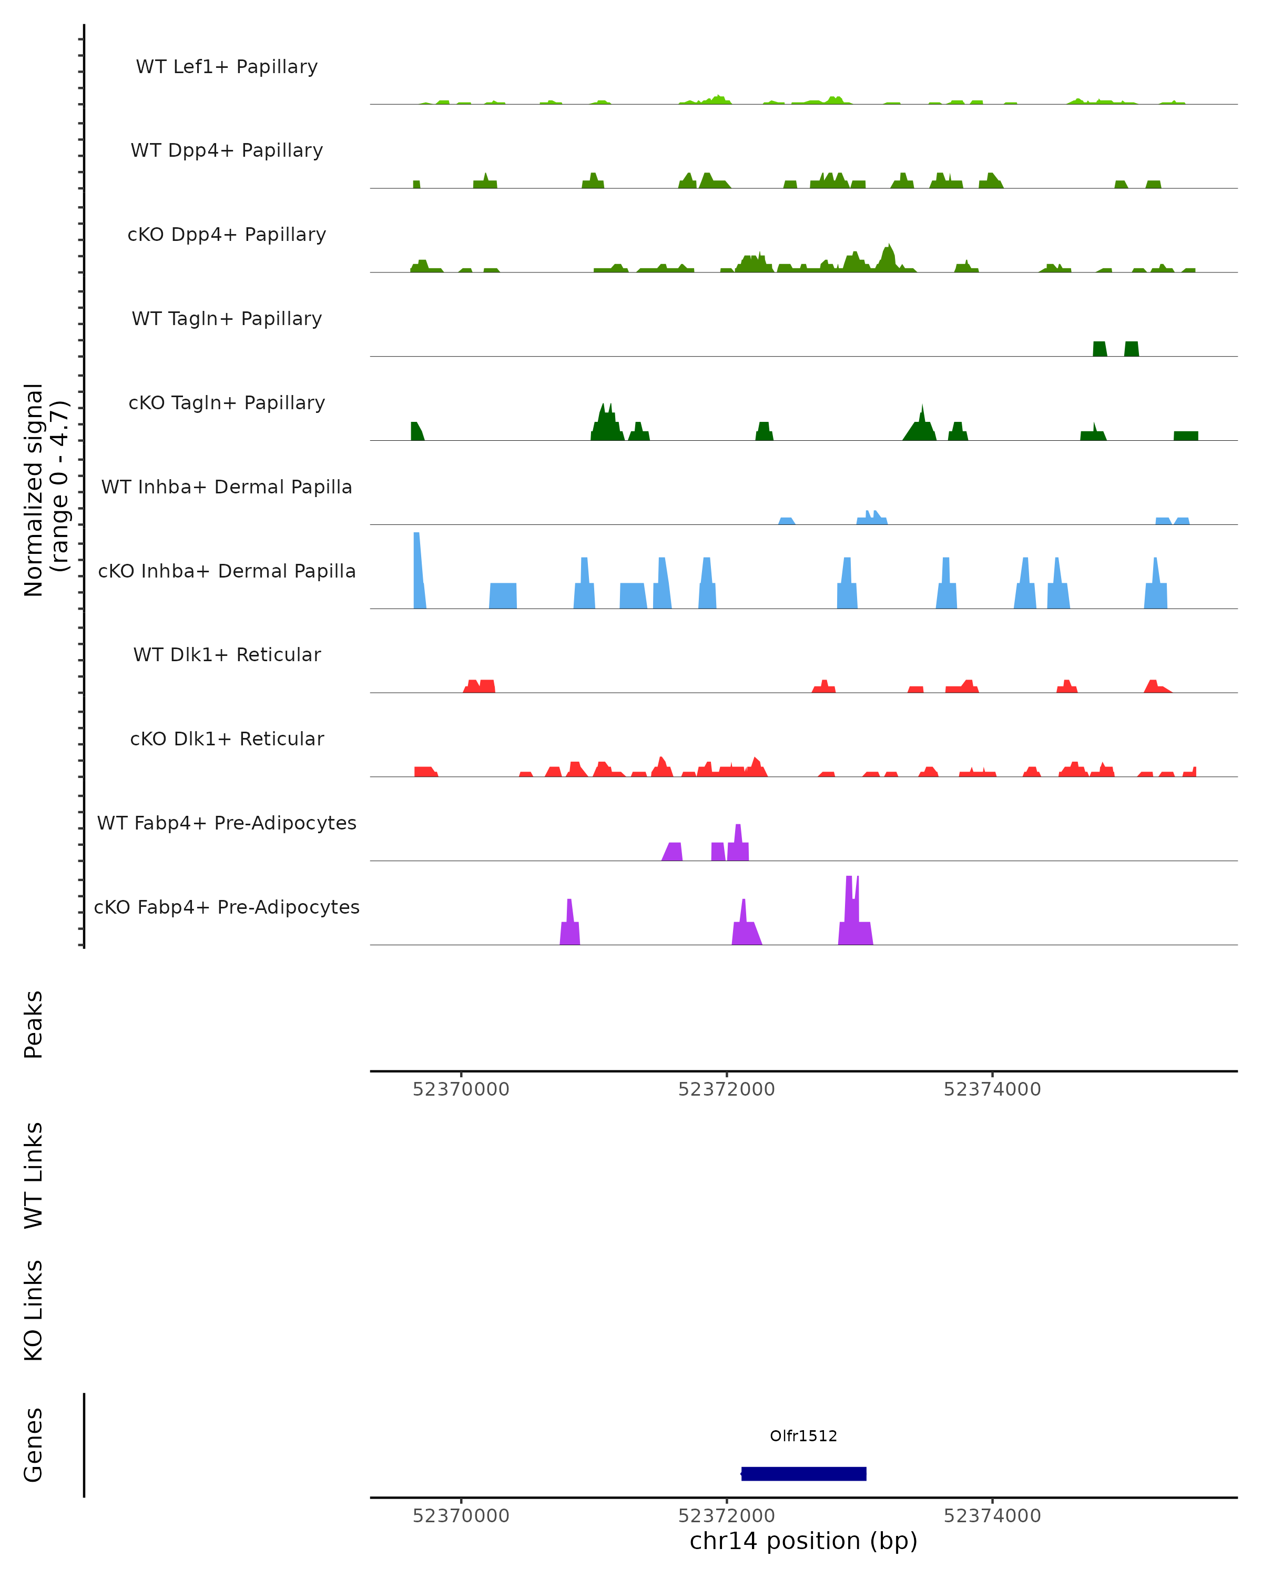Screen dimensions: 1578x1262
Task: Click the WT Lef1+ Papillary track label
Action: (x=227, y=67)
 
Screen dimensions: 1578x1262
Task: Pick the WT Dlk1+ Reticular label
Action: (x=227, y=654)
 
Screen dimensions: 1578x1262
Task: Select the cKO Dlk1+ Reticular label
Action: (x=227, y=739)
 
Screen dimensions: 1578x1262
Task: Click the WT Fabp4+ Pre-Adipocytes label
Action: (x=227, y=823)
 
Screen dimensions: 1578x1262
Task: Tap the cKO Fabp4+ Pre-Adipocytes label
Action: (x=227, y=907)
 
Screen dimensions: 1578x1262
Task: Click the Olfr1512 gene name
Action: (x=803, y=1436)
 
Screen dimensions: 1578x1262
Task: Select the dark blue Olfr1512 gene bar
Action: (x=803, y=1473)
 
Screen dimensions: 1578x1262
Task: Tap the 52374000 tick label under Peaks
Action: (x=992, y=1089)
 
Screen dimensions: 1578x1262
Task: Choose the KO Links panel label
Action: (x=34, y=1310)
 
